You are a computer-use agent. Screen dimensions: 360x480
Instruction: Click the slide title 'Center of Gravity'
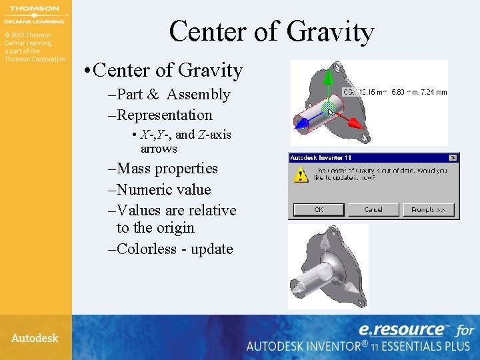pyautogui.click(x=271, y=31)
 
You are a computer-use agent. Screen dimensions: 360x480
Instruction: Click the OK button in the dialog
pyautogui.click(x=319, y=209)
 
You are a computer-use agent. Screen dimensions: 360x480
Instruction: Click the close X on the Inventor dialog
pyautogui.click(x=453, y=158)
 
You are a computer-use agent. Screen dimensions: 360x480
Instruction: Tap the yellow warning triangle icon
pyautogui.click(x=302, y=175)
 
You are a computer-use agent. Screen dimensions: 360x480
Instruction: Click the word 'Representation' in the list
pyautogui.click(x=165, y=115)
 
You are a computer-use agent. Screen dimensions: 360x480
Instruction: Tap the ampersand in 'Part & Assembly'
pyautogui.click(x=153, y=95)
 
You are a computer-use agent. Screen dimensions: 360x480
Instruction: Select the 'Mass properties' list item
pyautogui.click(x=167, y=169)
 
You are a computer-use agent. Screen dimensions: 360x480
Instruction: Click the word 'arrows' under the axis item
pyautogui.click(x=159, y=149)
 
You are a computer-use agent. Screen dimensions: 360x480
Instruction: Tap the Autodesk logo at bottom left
pyautogui.click(x=35, y=338)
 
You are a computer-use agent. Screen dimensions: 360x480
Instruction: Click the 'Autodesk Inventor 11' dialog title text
pyautogui.click(x=320, y=158)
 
